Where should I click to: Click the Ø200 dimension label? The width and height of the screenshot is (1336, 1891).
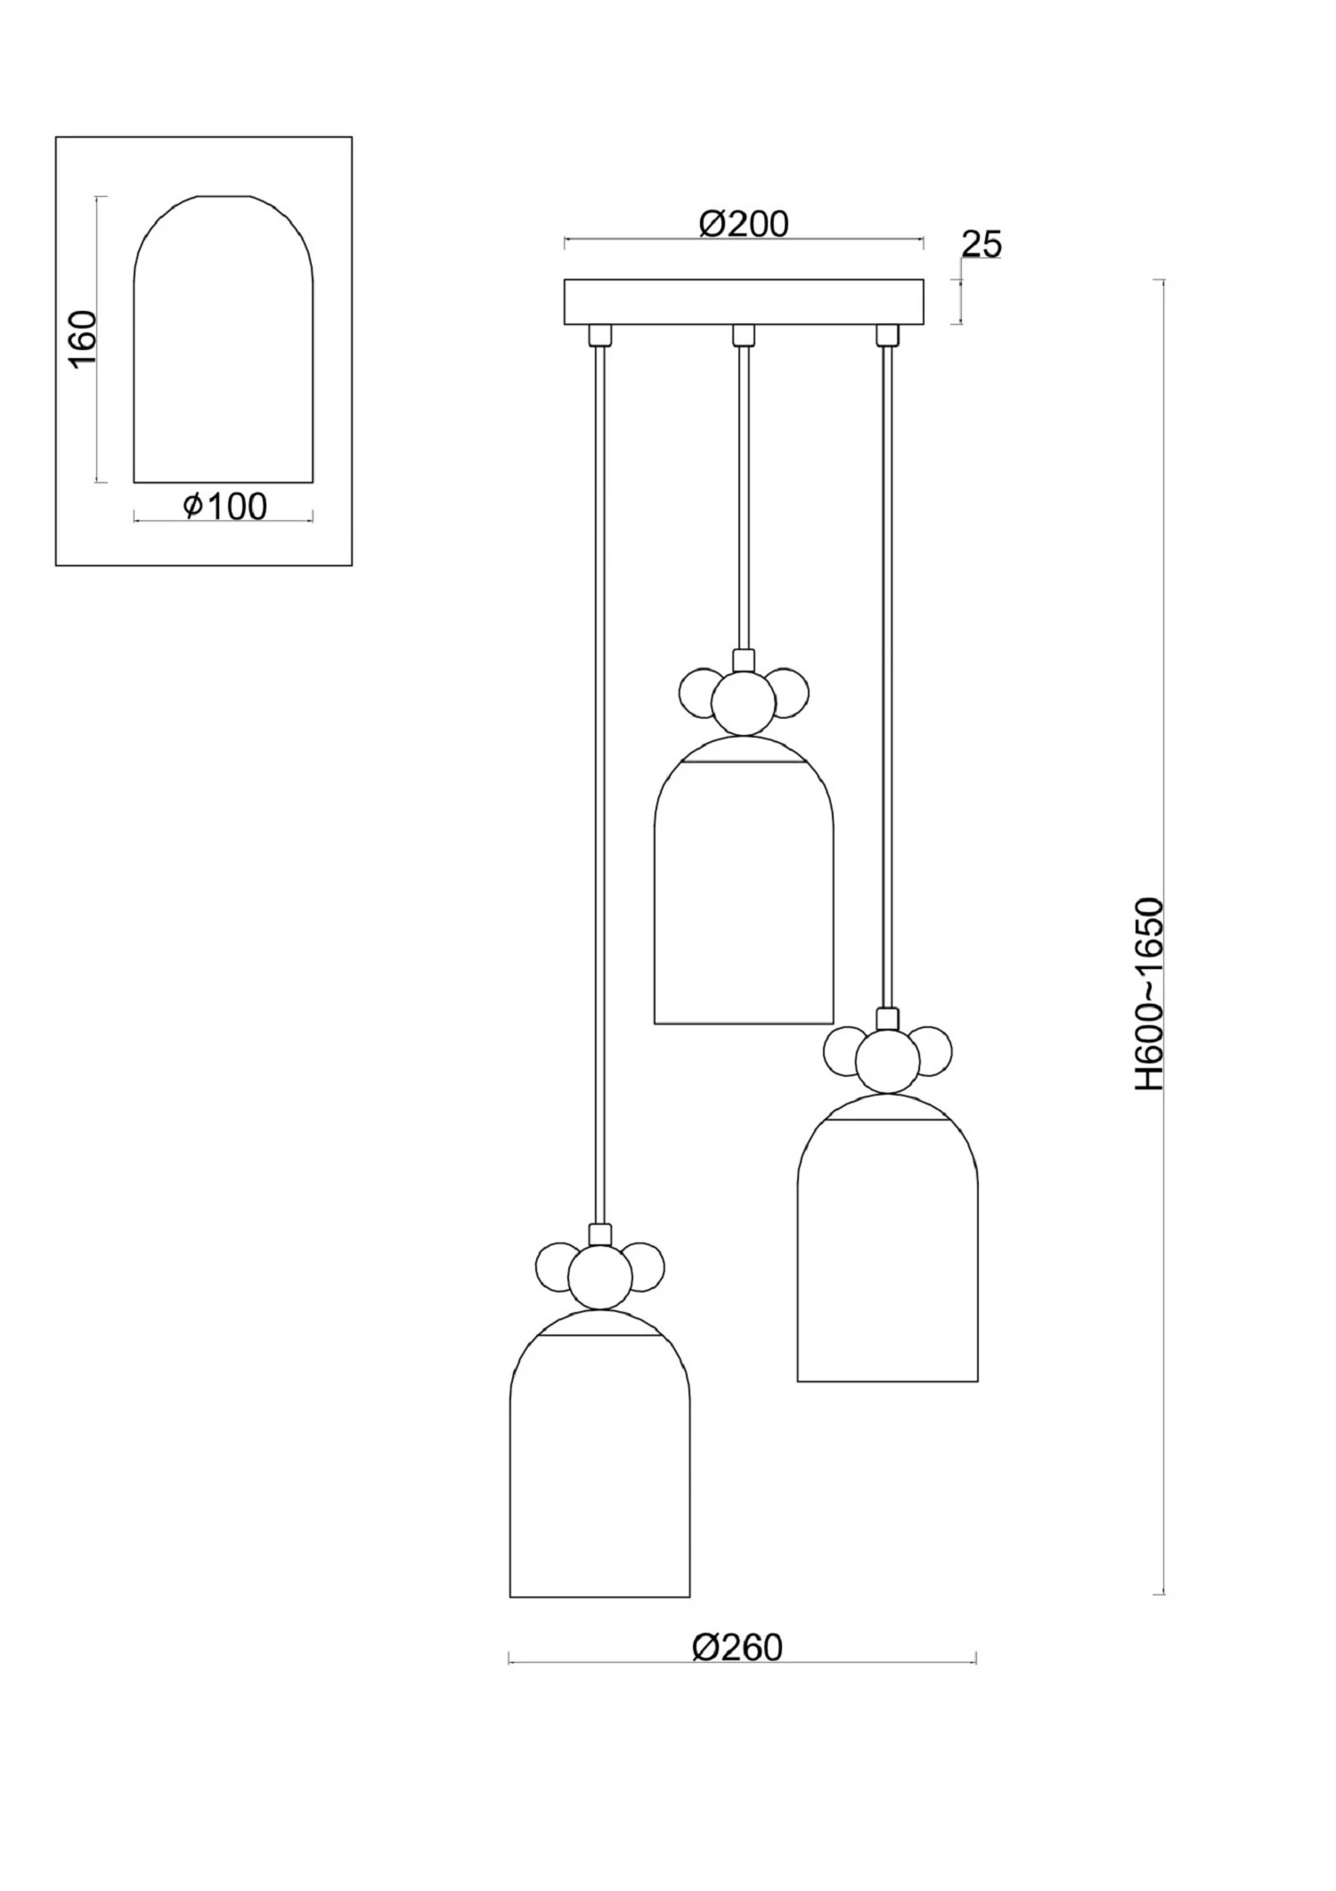coord(744,224)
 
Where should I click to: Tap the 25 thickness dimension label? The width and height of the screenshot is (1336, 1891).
coord(982,244)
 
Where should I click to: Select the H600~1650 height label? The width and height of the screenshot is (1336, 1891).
coord(1149,994)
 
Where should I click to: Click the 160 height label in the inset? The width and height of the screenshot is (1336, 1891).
coord(82,339)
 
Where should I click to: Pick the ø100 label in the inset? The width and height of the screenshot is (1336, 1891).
coord(224,507)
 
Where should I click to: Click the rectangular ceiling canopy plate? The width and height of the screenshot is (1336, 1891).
coord(744,302)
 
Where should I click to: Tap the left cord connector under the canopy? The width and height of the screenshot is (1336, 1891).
coord(600,335)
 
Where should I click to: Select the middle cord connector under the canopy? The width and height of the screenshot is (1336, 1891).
coord(743,335)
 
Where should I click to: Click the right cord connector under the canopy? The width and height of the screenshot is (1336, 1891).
coord(886,335)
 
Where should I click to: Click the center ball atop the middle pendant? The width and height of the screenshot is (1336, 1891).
coord(744,703)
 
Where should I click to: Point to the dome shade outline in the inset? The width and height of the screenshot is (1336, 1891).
coord(224,338)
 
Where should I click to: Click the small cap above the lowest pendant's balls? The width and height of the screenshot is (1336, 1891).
coord(600,1235)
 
